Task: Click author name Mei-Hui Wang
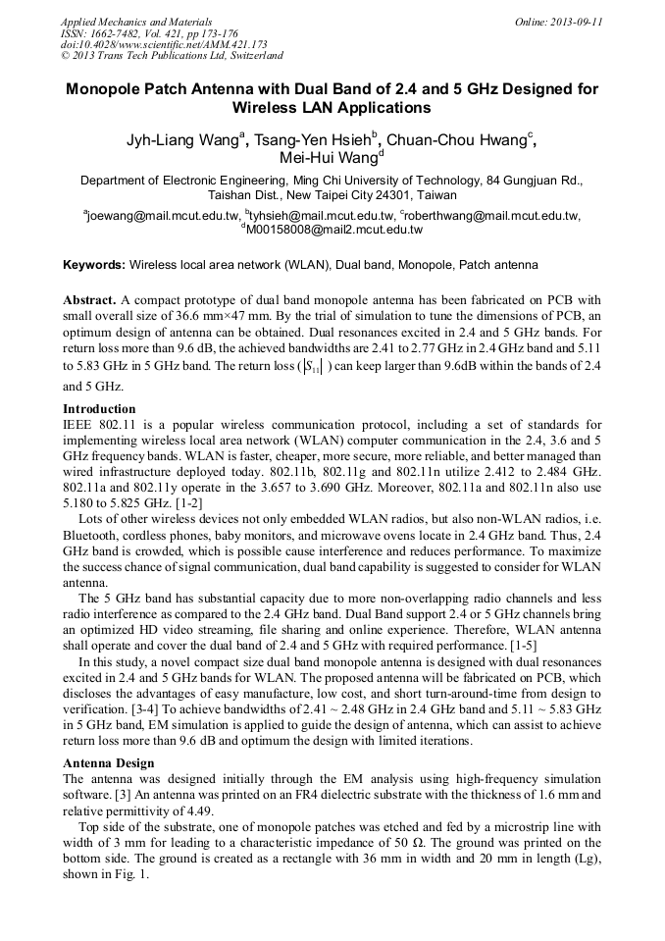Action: (x=329, y=159)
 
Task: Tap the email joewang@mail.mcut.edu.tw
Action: (x=164, y=215)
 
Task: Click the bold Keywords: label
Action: (x=94, y=265)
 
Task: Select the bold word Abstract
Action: (x=89, y=298)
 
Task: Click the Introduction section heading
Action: (x=99, y=408)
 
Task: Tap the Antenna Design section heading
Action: (x=109, y=762)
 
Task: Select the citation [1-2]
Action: (x=185, y=502)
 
